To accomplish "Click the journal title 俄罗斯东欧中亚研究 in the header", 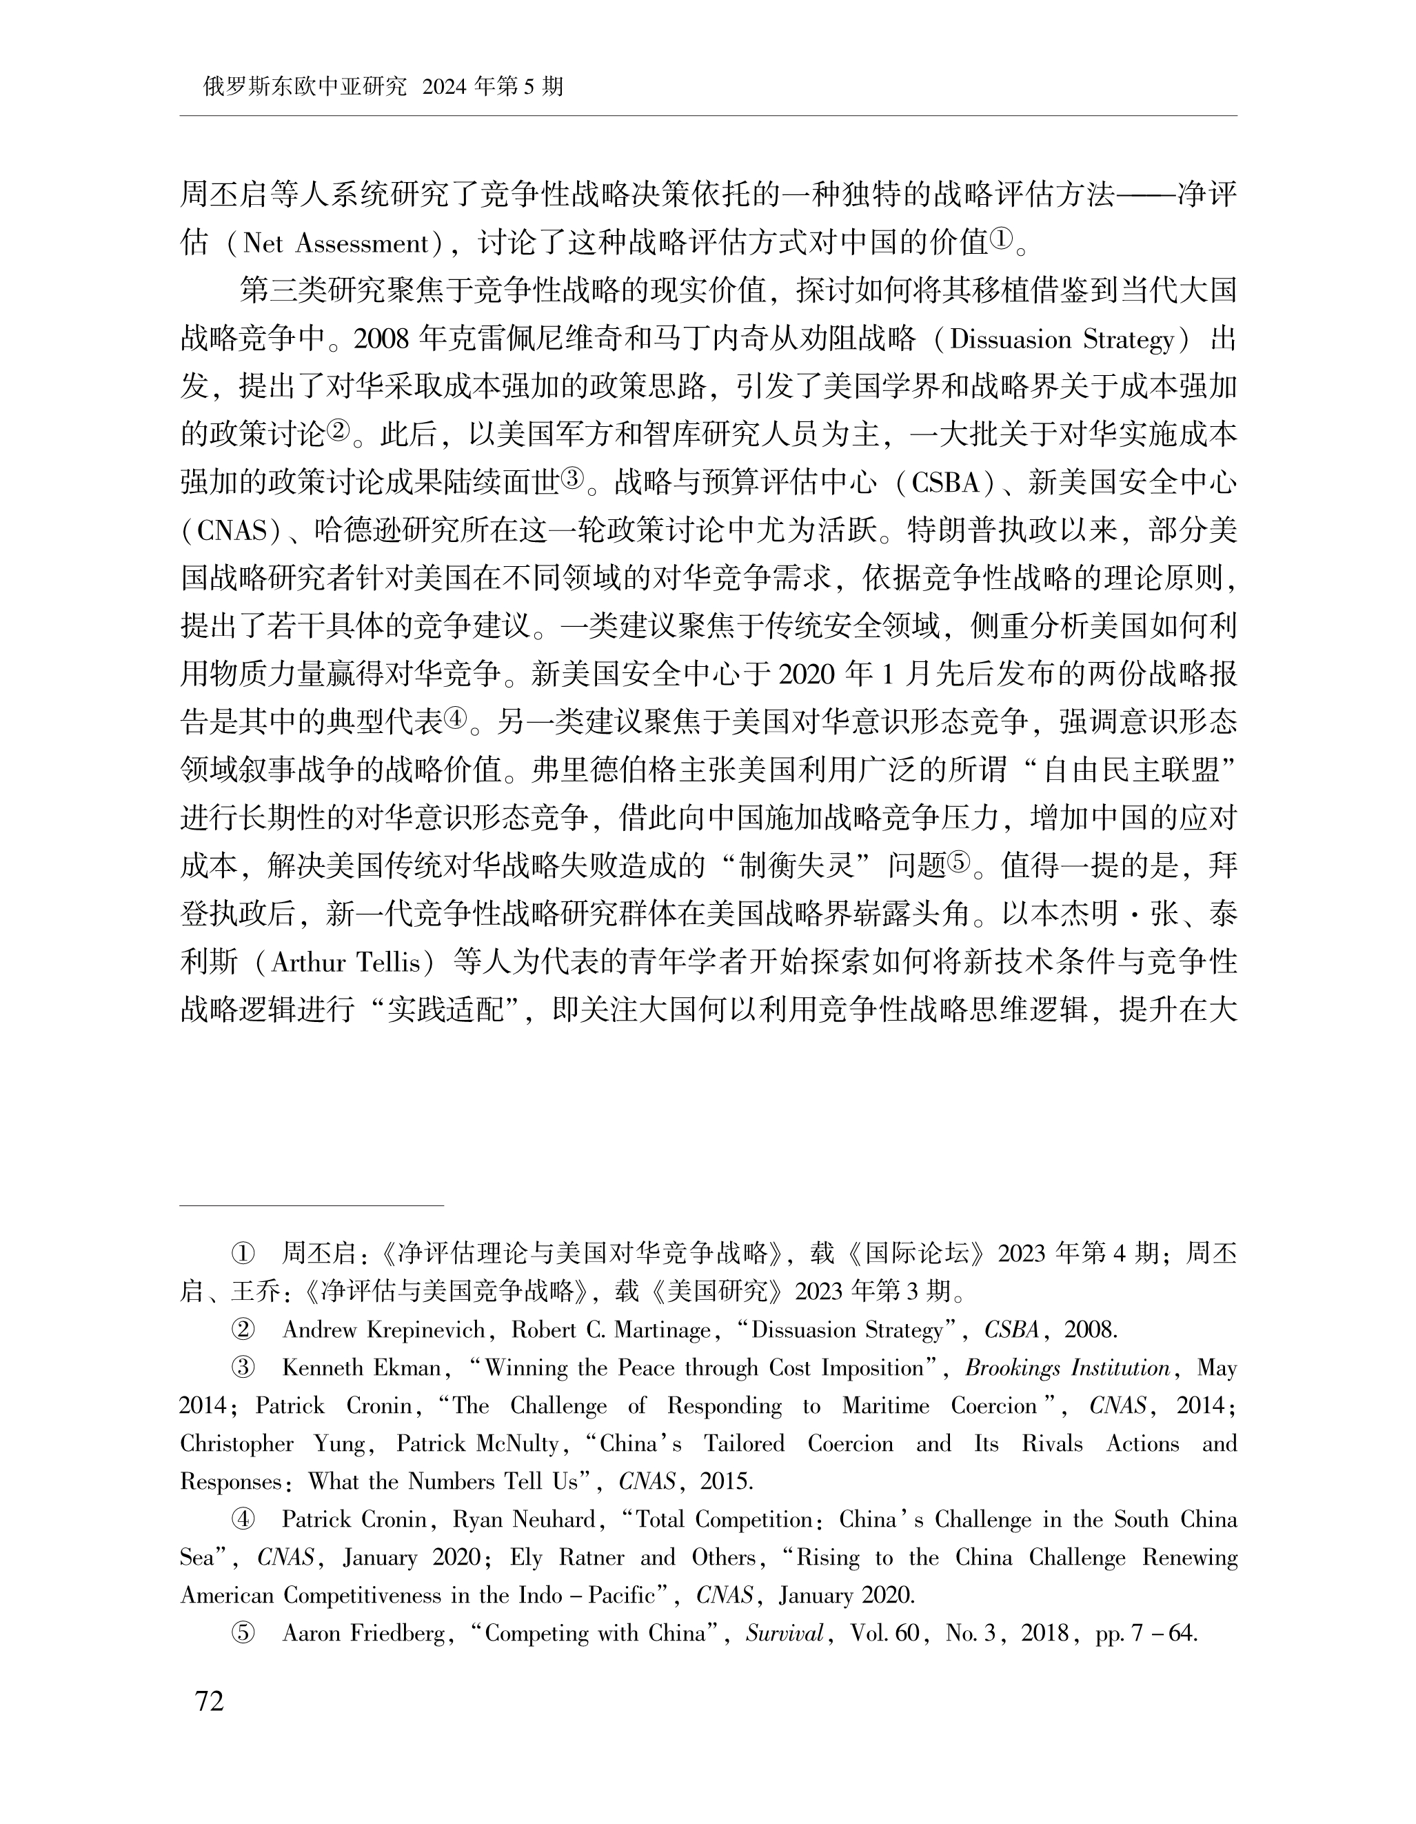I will coord(304,87).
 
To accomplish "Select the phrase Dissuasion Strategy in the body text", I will coord(1062,340).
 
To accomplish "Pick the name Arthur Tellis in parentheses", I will coord(345,962).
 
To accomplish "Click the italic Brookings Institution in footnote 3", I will coord(1067,1368).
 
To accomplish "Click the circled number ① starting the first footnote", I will coord(242,1254).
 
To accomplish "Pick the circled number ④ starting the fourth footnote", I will coord(242,1519).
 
